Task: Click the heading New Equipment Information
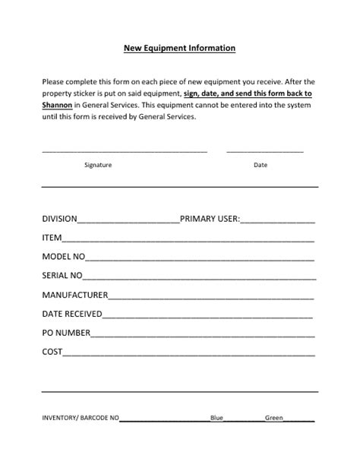click(x=180, y=48)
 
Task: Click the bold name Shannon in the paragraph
click(x=58, y=105)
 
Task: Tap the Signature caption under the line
click(x=98, y=165)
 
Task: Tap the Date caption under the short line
click(x=261, y=165)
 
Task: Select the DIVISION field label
click(x=59, y=219)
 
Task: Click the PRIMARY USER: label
click(x=210, y=219)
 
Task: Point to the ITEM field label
click(x=52, y=238)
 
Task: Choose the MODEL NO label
click(x=64, y=257)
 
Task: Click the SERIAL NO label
click(x=62, y=276)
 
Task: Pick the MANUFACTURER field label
click(x=75, y=295)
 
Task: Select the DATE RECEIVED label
click(x=71, y=314)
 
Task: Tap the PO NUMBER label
click(x=66, y=333)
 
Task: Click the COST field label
click(x=52, y=352)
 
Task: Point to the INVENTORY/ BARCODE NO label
click(x=81, y=418)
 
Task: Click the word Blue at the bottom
click(x=216, y=418)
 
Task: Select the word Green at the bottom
click(x=273, y=418)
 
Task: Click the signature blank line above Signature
click(x=125, y=151)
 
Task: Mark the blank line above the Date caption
click(x=264, y=151)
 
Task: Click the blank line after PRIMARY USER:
click(x=277, y=222)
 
